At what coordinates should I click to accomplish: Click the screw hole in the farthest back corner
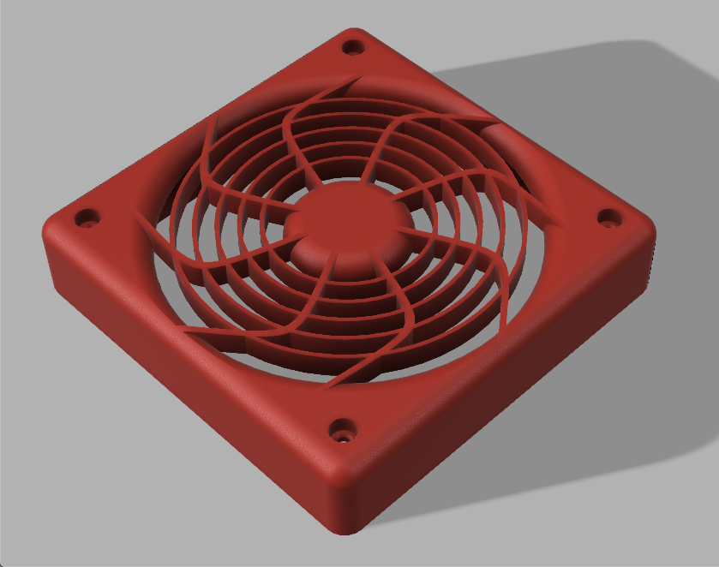[351, 47]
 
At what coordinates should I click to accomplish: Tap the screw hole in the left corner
[85, 218]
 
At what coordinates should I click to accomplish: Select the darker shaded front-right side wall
[514, 377]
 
